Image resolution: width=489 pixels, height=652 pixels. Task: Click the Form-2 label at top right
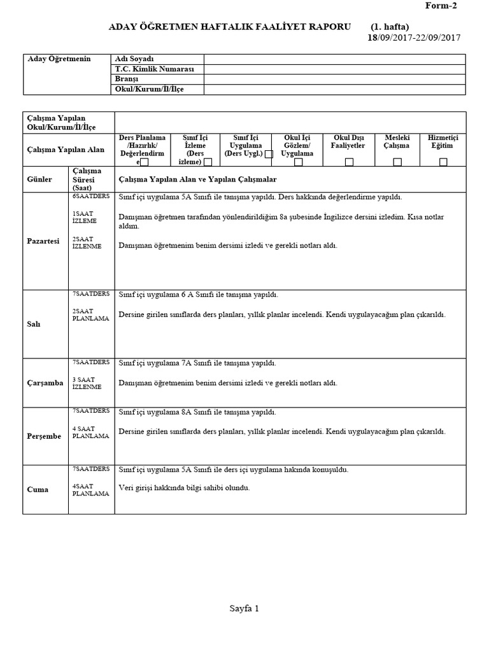pyautogui.click(x=441, y=6)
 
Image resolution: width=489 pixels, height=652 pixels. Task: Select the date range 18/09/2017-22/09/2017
pyautogui.click(x=414, y=37)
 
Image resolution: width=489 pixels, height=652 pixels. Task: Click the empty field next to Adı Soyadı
pyautogui.click(x=334, y=59)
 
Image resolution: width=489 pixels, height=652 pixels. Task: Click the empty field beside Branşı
pyautogui.click(x=334, y=79)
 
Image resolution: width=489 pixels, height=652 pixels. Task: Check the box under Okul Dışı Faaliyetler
pyautogui.click(x=348, y=162)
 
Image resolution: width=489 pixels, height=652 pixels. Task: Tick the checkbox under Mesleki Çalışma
pyautogui.click(x=397, y=162)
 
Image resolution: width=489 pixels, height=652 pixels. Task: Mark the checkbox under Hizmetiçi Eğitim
pyautogui.click(x=443, y=162)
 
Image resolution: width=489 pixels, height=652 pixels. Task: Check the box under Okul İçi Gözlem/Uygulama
pyautogui.click(x=298, y=162)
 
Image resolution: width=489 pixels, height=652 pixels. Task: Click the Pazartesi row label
pyautogui.click(x=43, y=241)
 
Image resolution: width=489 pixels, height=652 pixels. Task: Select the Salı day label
pyautogui.click(x=34, y=323)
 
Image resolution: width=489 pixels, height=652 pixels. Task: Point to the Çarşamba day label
pyautogui.click(x=45, y=383)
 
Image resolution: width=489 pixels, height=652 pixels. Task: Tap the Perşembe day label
pyautogui.click(x=44, y=436)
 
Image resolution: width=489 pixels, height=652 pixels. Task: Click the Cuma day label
pyautogui.click(x=38, y=490)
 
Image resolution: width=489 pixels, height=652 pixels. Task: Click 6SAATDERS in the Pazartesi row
pyautogui.click(x=90, y=197)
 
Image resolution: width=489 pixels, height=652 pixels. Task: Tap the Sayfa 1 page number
pyautogui.click(x=244, y=609)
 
